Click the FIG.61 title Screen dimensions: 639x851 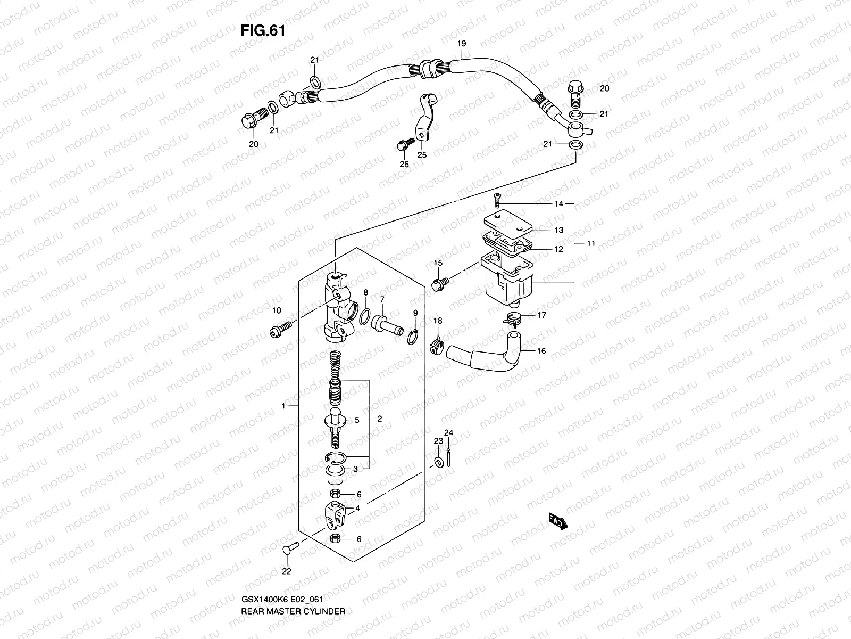point(263,30)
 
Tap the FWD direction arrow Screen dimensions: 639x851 point(556,521)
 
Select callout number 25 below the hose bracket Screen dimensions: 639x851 point(422,155)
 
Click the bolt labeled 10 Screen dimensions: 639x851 point(279,329)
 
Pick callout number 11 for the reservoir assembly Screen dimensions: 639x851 point(591,243)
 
